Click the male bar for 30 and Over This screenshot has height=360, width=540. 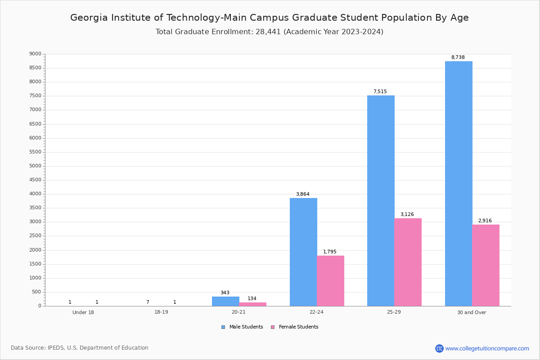pos(459,184)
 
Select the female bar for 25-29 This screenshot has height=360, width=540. pos(408,262)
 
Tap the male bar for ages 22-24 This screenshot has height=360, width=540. pos(303,252)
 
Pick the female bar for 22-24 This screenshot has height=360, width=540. pos(330,281)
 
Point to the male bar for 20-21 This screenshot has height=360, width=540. pos(225,301)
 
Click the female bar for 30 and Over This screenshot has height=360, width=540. pos(486,265)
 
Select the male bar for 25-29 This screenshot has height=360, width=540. pos(381,201)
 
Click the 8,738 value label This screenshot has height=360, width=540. pos(458,58)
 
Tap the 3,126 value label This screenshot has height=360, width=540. pos(407,214)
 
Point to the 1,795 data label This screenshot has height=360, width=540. pos(329,252)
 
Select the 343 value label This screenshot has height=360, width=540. pos(225,293)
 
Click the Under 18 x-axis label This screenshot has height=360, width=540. pos(83,312)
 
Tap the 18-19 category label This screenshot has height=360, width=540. pos(161,312)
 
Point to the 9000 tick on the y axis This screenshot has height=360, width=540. pos(35,54)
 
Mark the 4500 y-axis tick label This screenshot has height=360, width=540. pos(35,180)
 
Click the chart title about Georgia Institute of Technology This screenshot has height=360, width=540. pos(269,18)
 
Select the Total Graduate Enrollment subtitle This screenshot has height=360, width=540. pos(269,32)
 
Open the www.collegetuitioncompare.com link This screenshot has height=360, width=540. pos(487,348)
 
